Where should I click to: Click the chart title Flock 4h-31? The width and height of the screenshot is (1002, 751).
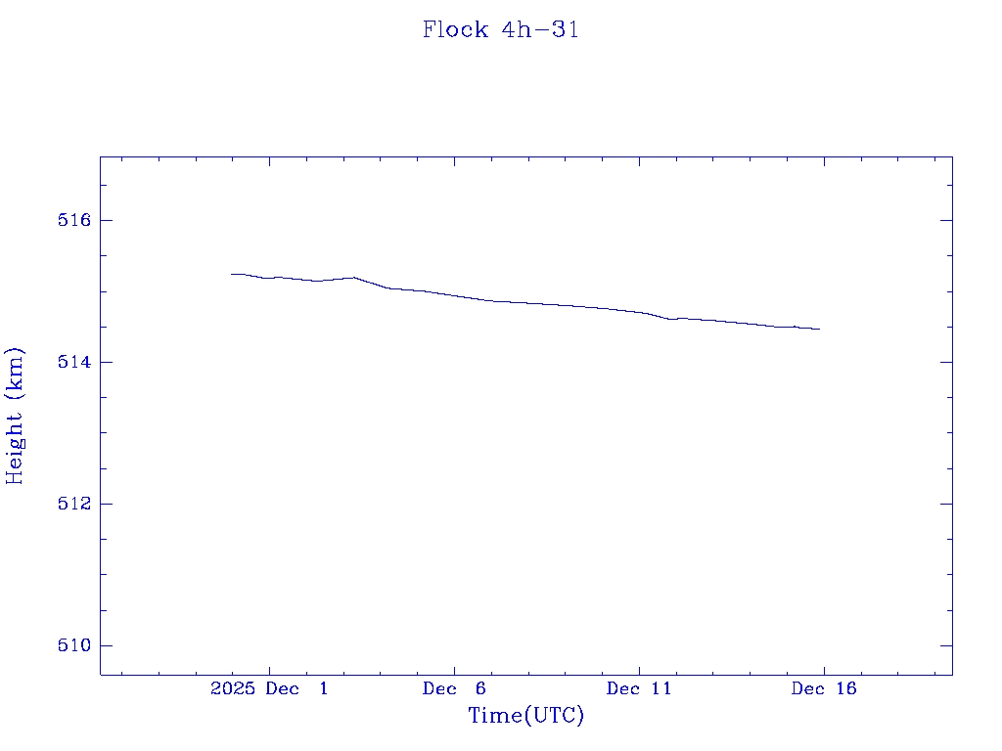[501, 30]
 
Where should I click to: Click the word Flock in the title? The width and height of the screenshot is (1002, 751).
[455, 30]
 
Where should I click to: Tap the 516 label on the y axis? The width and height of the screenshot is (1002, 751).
[74, 221]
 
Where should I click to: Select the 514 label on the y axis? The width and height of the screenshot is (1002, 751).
[74, 363]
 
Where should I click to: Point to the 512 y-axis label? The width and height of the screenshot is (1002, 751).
[74, 505]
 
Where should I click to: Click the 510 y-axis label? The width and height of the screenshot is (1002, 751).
[74, 646]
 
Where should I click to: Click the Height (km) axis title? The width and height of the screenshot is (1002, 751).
[16, 416]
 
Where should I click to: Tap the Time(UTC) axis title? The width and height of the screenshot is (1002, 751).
[526, 716]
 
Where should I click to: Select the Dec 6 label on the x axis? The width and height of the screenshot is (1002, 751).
[454, 689]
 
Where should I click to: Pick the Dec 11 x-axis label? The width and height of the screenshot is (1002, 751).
[639, 689]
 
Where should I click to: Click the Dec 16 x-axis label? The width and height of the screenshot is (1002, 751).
[824, 689]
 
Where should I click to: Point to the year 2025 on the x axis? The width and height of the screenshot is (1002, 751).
[233, 689]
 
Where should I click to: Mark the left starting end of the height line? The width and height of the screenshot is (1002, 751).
[232, 274]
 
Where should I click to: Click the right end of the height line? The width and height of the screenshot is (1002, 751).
[819, 330]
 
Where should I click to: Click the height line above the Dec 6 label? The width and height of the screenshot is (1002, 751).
[454, 294]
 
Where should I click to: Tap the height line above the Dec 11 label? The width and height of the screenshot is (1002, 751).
[639, 312]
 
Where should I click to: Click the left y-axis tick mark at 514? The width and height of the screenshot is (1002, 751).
[106, 362]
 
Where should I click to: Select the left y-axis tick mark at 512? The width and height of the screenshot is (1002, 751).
[106, 504]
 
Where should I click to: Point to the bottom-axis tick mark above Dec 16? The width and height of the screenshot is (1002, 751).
[824, 668]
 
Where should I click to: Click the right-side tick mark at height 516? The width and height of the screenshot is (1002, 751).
[946, 220]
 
